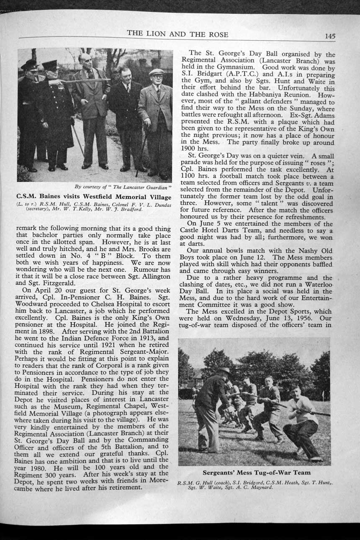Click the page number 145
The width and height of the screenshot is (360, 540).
[x=329, y=36]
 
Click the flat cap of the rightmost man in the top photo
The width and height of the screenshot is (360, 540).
[x=156, y=72]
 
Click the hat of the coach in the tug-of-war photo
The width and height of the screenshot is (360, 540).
[x=223, y=370]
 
